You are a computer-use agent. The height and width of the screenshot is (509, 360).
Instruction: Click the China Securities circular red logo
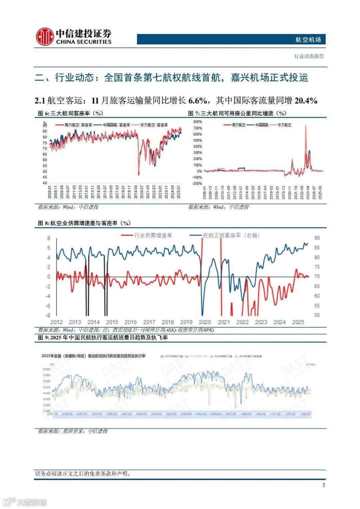pos(45,36)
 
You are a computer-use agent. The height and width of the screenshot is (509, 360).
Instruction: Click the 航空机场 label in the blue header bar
pos(308,40)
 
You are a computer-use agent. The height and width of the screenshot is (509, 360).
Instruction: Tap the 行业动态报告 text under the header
pos(309,56)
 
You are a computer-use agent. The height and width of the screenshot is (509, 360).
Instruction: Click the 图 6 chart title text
pos(70,113)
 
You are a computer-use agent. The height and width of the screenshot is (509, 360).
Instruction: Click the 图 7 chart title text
pos(237,113)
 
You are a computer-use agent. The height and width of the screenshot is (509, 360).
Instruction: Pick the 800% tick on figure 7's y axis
pos(197,122)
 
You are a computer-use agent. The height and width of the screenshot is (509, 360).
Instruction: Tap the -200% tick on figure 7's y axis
pos(197,183)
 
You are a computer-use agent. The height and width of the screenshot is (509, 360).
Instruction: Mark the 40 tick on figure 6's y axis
pos(45,183)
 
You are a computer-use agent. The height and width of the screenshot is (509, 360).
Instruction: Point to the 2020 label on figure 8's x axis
pos(205,322)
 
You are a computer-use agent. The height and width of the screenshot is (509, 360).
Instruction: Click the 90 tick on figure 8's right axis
pos(317,238)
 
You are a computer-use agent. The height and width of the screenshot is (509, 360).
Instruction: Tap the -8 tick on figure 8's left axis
pos(48,315)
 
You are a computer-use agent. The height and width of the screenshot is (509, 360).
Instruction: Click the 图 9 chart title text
pos(103,338)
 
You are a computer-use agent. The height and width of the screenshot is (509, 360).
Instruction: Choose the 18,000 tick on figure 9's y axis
pos(46,369)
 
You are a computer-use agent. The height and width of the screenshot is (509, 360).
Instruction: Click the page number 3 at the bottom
pos(323,485)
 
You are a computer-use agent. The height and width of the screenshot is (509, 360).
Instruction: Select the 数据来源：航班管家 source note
pos(73,431)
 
